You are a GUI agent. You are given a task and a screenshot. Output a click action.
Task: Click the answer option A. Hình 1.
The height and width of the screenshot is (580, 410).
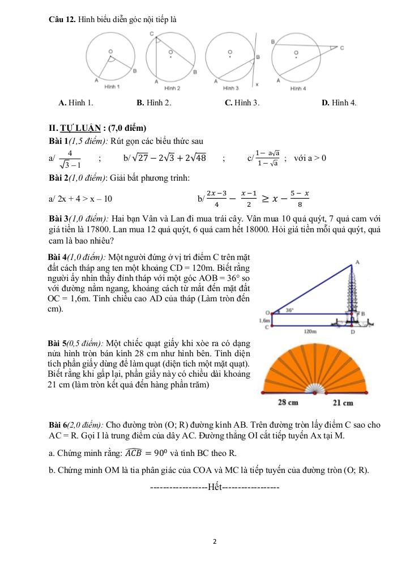coord(76,103)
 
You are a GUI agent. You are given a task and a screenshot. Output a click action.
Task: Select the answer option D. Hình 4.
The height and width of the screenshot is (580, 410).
coord(339,103)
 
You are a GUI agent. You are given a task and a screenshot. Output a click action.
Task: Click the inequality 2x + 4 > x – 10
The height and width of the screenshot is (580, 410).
coord(84,199)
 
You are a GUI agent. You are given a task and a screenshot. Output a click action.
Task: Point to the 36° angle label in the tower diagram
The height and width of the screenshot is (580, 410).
coord(289,310)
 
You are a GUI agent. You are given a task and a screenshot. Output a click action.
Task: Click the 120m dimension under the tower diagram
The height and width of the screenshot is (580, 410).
coord(309,331)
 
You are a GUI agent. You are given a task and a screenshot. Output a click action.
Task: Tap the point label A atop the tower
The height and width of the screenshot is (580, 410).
coord(357,261)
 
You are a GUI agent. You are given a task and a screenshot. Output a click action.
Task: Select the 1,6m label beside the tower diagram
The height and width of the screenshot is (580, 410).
coord(264,320)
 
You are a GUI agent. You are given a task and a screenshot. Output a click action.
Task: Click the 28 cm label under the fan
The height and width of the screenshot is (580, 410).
coord(288,403)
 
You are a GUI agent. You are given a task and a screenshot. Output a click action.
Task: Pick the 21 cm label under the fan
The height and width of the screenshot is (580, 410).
coord(343,403)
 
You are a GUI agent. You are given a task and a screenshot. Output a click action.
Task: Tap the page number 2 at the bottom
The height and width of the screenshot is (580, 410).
coord(215,541)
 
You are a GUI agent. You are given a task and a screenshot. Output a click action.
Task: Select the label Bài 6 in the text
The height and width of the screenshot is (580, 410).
coord(58,424)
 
